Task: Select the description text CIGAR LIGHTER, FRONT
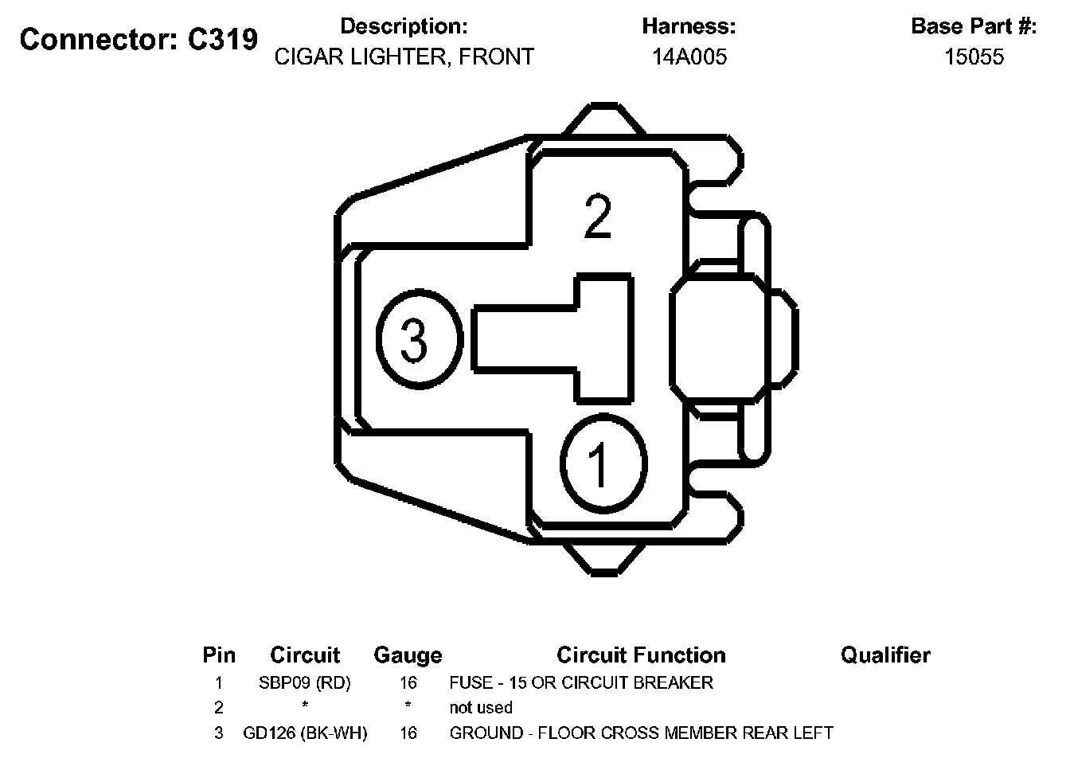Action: [404, 57]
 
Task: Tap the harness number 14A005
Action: [689, 57]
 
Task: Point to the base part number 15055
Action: [974, 57]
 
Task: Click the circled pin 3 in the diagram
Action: [418, 340]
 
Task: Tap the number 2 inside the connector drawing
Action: [598, 217]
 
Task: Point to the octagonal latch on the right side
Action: [715, 338]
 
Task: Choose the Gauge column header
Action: [408, 655]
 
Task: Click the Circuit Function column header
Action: [641, 655]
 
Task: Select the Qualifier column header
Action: [885, 655]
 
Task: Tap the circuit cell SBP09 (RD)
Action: [305, 682]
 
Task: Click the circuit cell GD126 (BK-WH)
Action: [305, 733]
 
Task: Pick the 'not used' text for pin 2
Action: [481, 707]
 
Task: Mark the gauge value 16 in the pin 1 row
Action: [408, 682]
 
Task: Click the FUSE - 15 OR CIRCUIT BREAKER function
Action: [581, 682]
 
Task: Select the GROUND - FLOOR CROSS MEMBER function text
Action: [641, 733]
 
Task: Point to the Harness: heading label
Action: [689, 26]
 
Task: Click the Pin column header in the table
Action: [219, 655]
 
